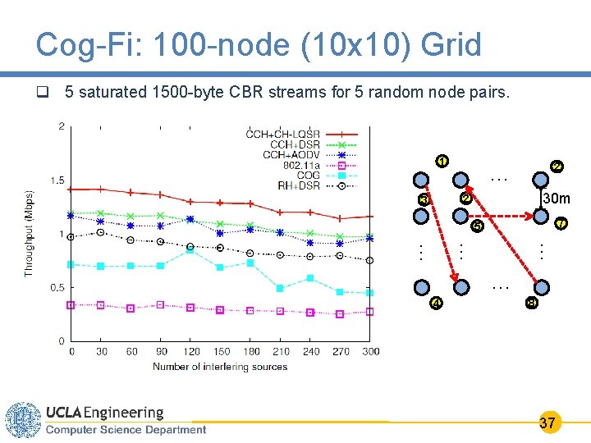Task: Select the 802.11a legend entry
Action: pos(302,165)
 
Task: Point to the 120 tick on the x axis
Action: pos(190,351)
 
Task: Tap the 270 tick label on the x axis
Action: pos(340,351)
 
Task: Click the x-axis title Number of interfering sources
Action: pos(220,367)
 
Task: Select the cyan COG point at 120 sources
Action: pos(190,250)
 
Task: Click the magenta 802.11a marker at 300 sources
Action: pos(370,312)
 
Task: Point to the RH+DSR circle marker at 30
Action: pos(100,232)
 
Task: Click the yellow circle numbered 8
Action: pos(532,304)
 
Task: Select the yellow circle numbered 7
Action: pos(561,223)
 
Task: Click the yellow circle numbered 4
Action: pos(437,304)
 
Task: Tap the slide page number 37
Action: pos(547,423)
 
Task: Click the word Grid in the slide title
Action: pos(451,45)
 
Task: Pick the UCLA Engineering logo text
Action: pos(104,413)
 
